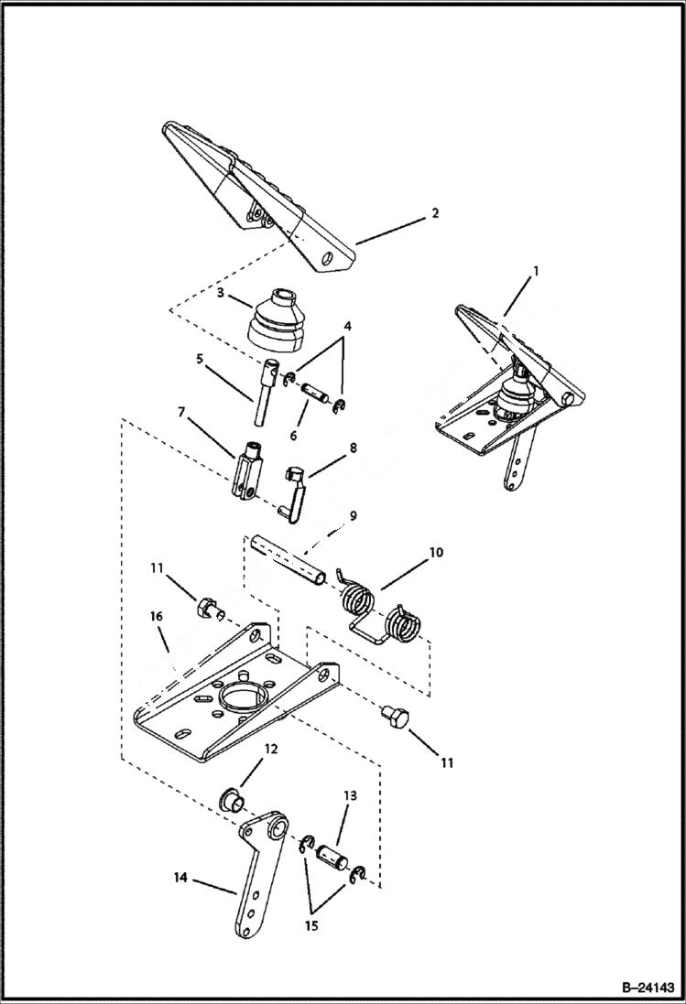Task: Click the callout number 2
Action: coord(435,213)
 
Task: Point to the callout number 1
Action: coord(536,272)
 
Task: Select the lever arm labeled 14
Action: coord(256,879)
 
